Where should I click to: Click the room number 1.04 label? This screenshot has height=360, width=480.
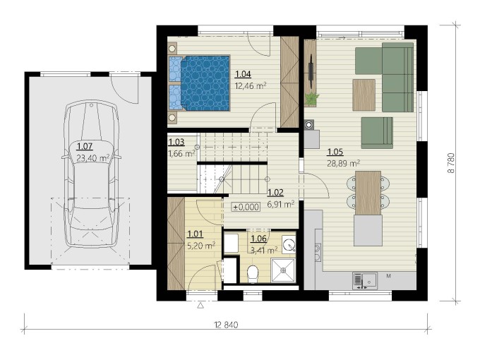243,74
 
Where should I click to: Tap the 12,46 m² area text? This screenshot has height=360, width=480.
251,85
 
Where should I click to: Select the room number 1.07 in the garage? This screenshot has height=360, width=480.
85,146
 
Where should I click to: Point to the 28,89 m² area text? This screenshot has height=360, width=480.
344,163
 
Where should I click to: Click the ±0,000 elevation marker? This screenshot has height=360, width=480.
246,208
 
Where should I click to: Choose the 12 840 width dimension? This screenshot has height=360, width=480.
227,325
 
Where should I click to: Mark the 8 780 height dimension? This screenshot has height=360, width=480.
451,163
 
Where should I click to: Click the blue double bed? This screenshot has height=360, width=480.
199,83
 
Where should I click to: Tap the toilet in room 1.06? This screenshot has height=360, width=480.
253,273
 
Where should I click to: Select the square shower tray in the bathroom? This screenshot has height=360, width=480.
284,270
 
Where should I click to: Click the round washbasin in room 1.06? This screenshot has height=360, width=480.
289,244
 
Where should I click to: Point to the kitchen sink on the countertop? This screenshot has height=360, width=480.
365,280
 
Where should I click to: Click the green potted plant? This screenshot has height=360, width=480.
311,99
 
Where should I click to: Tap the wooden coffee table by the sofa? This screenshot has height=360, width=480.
364,95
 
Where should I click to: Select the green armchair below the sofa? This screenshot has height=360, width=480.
377,133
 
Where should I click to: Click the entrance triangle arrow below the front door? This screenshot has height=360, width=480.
200,305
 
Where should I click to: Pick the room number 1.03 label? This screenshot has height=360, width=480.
176,142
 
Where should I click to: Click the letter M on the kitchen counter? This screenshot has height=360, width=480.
388,276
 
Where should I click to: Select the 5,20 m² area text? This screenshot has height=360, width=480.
200,246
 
